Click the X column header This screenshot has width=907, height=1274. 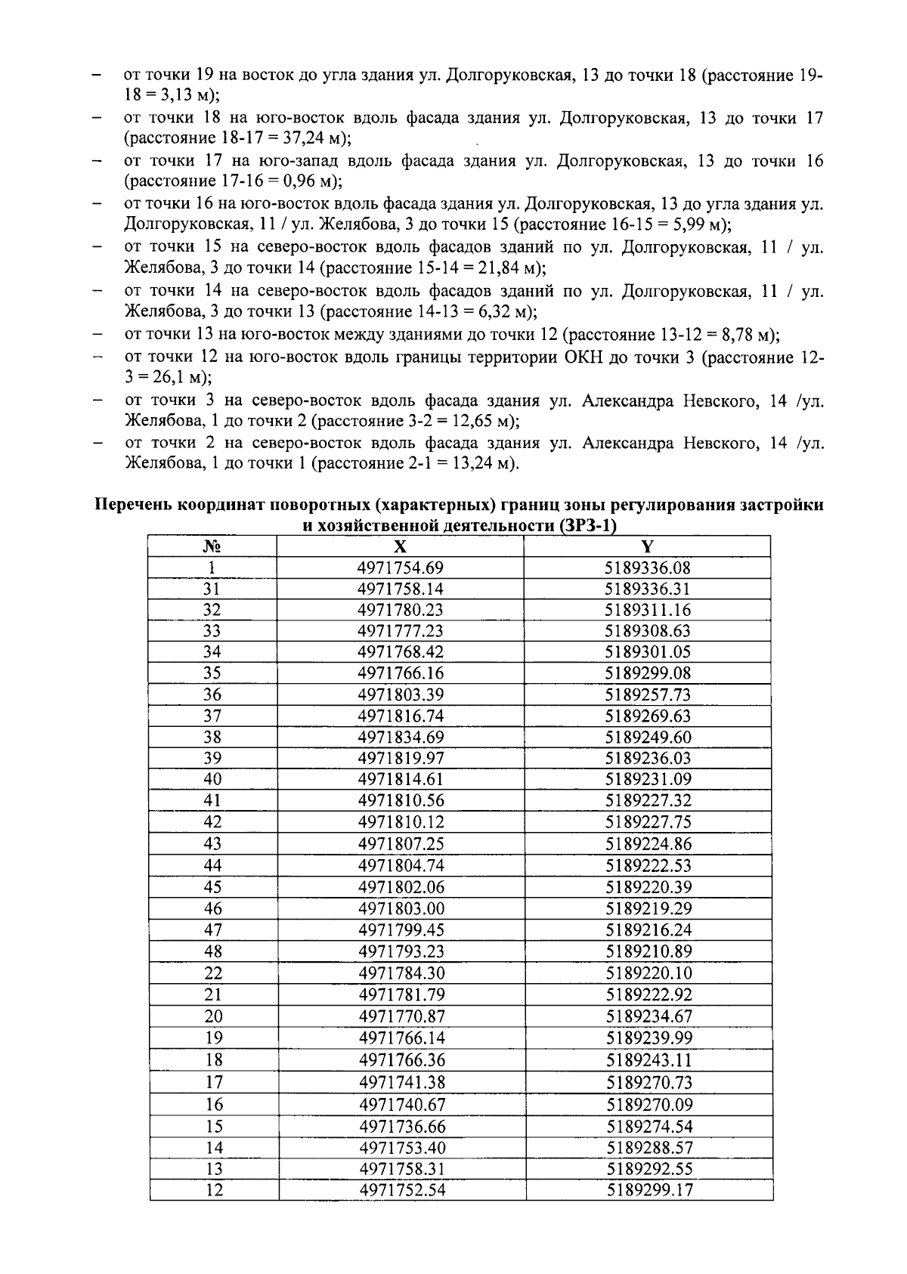[401, 547]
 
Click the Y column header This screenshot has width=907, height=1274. [647, 547]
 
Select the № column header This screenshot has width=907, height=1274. [212, 547]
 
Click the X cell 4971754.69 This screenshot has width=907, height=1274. [401, 567]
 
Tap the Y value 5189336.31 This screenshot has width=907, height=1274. [648, 589]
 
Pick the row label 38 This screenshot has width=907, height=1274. [212, 737]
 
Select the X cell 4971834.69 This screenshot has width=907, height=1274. [401, 737]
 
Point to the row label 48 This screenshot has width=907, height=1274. [213, 951]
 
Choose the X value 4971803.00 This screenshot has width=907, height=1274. [401, 908]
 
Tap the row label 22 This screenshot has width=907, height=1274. [213, 973]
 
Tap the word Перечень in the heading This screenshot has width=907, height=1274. [133, 505]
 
